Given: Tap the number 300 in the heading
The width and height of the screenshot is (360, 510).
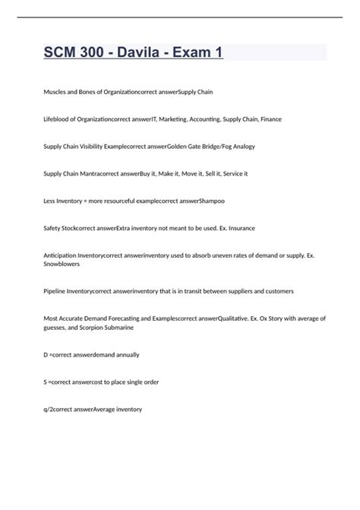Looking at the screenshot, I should click(x=96, y=54).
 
